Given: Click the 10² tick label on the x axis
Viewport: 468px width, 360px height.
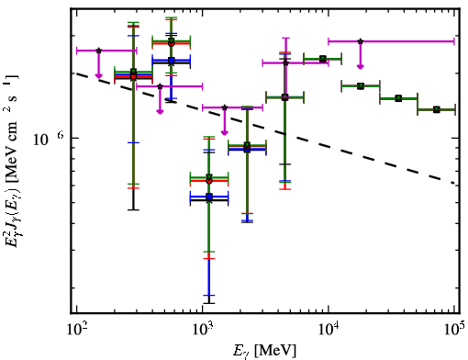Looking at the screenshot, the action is (x=76, y=330).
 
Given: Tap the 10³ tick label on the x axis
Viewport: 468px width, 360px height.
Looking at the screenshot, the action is (x=203, y=330).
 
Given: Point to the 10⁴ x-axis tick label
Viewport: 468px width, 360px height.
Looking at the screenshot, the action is (x=329, y=330).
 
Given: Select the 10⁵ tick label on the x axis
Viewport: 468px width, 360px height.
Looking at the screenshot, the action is (x=455, y=330).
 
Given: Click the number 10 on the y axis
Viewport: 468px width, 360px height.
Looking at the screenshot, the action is (x=40, y=140).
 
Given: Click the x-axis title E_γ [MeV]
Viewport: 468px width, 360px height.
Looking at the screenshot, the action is (x=264, y=351).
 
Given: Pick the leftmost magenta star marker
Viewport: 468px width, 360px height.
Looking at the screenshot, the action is (x=98, y=51).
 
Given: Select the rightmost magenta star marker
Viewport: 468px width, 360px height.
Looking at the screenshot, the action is (x=361, y=41).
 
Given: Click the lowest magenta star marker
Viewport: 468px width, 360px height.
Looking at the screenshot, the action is (x=225, y=107).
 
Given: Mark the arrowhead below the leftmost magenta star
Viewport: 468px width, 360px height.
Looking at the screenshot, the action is (x=98, y=75).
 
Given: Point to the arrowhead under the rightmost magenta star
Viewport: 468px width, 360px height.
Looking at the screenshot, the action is (x=361, y=66).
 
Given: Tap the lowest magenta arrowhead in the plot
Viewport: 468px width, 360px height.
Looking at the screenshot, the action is (x=225, y=132).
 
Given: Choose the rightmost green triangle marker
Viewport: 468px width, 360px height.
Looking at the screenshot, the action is (x=437, y=109).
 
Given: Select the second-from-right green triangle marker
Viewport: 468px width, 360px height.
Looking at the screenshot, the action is (x=398, y=98).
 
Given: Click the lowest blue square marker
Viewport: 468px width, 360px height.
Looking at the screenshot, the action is (x=209, y=197).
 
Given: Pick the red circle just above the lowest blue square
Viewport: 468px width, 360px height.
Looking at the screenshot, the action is (x=209, y=181).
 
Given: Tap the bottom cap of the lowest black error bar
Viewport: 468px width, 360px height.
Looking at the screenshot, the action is (x=209, y=303).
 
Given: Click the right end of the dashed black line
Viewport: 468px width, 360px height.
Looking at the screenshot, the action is (x=454, y=184).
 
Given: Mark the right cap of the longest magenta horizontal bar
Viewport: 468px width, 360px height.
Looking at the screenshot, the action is (x=454, y=41).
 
